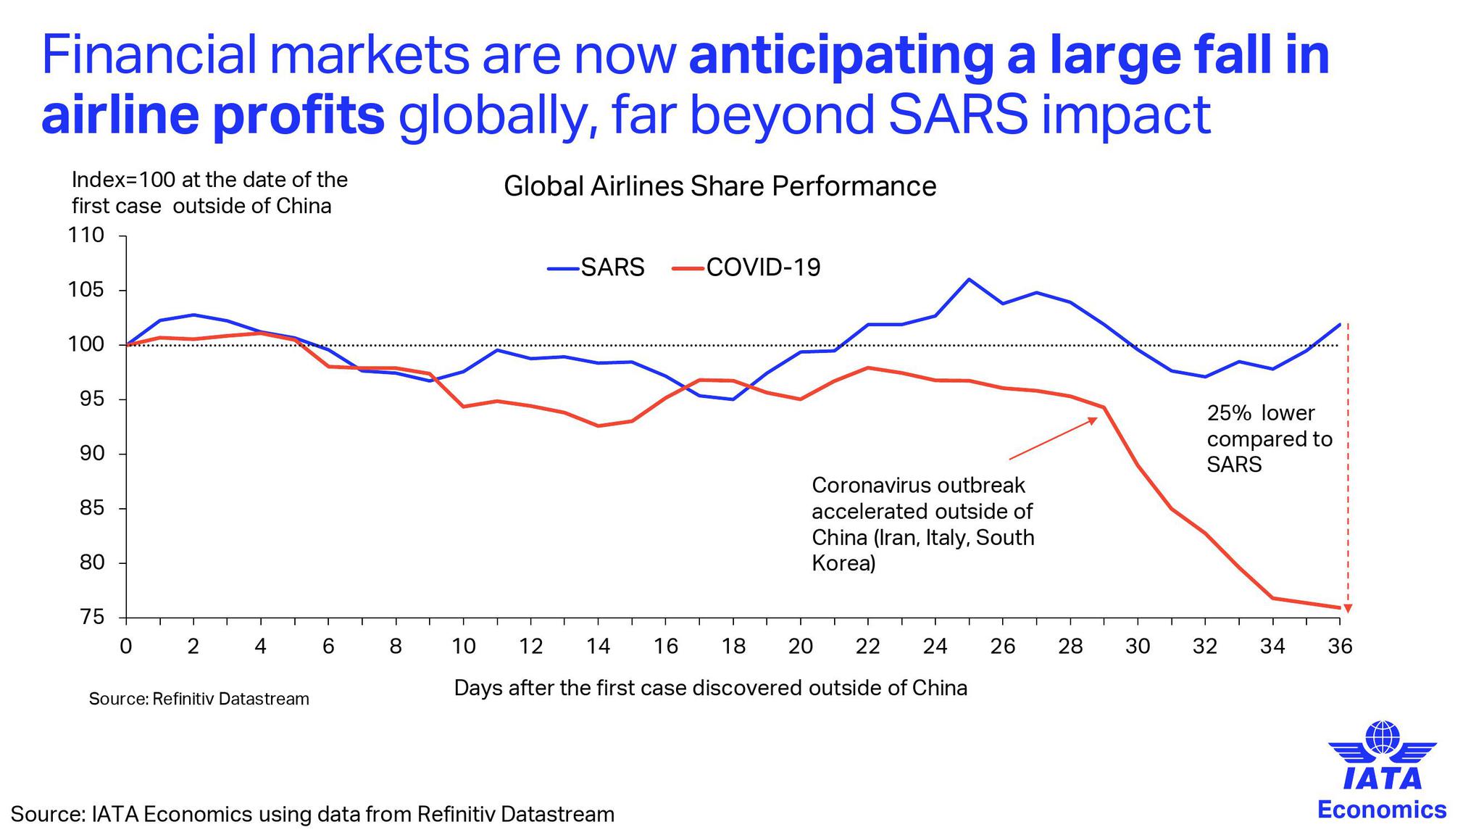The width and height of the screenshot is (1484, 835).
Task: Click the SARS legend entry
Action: click(596, 267)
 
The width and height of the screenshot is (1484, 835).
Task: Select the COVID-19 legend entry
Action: click(747, 267)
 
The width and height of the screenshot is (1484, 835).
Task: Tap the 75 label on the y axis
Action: click(92, 618)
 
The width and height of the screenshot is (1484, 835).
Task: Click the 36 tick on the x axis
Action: click(1340, 646)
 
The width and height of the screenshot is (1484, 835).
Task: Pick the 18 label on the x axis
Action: click(733, 646)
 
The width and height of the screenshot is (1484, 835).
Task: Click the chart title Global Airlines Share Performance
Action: click(720, 187)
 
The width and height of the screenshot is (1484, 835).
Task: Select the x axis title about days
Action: click(710, 687)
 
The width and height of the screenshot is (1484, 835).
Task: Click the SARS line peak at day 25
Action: click(970, 279)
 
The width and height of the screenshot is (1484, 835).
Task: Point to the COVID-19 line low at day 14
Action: click(599, 425)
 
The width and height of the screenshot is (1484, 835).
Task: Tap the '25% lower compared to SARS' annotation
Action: click(1269, 439)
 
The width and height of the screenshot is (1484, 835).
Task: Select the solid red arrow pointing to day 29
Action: click(1053, 439)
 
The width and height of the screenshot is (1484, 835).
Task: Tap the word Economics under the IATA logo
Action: click(1382, 810)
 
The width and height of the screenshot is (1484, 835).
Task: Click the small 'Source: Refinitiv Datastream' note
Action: click(199, 699)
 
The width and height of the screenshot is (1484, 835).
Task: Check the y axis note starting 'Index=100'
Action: click(209, 193)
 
